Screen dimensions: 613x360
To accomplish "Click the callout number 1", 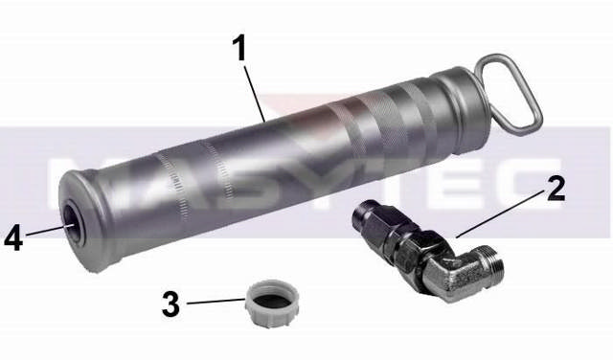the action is [x=238, y=48].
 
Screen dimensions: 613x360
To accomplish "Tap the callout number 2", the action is [x=556, y=190].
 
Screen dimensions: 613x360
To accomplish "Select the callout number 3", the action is [x=170, y=304].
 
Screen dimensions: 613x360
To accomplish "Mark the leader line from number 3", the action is [x=216, y=302].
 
